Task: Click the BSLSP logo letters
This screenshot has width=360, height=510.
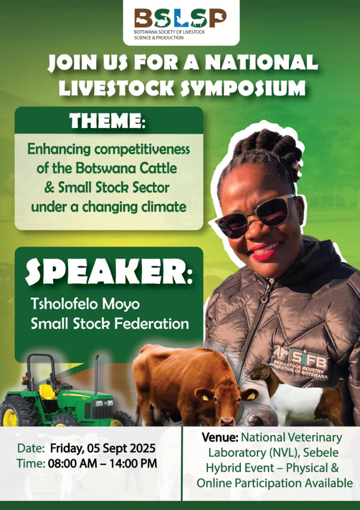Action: pyautogui.click(x=180, y=18)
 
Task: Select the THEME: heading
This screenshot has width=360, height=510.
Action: pyautogui.click(x=107, y=121)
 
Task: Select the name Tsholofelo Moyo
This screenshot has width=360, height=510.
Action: pyautogui.click(x=86, y=304)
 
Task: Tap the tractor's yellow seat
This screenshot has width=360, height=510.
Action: pyautogui.click(x=47, y=392)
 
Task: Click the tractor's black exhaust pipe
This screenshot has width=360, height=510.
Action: pyautogui.click(x=96, y=374)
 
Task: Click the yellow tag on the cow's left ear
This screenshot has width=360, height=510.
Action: pyautogui.click(x=205, y=398)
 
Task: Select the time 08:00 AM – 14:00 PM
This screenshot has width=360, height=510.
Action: pyautogui.click(x=103, y=463)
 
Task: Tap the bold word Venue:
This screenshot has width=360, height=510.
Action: pyautogui.click(x=220, y=437)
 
